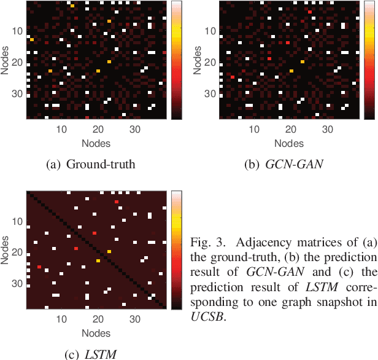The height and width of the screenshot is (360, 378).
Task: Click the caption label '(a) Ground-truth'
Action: (x=91, y=164)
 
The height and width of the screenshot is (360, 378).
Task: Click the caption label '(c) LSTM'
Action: (x=91, y=354)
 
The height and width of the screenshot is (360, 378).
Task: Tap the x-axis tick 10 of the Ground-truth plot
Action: (x=61, y=130)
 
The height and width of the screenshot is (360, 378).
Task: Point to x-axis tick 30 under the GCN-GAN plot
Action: (x=328, y=130)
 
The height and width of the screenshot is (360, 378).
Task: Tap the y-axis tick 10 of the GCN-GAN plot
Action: (x=209, y=31)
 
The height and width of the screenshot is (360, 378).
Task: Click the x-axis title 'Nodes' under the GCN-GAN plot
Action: (x=288, y=143)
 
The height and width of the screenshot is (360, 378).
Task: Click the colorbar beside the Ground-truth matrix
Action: (x=177, y=60)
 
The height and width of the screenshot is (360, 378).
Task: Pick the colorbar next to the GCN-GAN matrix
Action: (x=369, y=60)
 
